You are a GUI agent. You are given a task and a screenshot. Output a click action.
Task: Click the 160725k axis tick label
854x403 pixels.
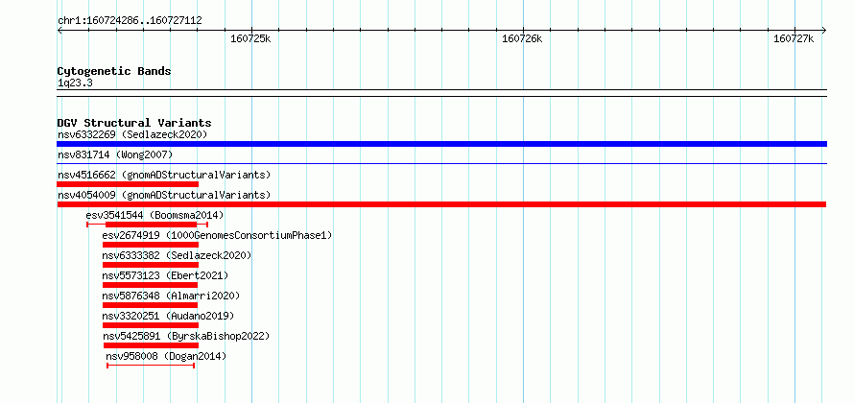(250, 39)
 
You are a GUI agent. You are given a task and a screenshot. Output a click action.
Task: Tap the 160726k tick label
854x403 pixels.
(522, 39)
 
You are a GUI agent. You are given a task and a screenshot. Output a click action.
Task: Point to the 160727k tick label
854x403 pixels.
(794, 39)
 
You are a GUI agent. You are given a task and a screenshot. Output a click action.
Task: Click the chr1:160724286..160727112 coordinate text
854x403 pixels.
(130, 21)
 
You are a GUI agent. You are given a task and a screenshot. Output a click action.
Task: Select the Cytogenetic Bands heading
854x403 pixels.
(114, 71)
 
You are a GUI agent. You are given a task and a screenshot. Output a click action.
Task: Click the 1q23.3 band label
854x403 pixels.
(75, 83)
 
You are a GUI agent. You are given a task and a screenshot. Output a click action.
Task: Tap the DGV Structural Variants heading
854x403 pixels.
(134, 123)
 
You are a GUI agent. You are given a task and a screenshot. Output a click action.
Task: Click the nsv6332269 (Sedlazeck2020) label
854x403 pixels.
(132, 134)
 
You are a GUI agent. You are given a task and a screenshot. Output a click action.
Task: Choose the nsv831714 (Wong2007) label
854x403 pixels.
(115, 155)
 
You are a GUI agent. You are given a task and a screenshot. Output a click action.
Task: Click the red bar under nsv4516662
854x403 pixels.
(128, 184)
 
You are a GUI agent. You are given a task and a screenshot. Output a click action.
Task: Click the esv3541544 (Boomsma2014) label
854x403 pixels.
(154, 215)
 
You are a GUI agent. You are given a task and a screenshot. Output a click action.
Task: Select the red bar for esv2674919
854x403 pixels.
(151, 245)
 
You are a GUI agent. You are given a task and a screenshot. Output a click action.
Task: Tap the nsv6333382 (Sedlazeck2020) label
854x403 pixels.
(177, 255)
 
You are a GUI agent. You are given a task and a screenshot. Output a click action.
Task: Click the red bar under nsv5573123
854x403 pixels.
(151, 285)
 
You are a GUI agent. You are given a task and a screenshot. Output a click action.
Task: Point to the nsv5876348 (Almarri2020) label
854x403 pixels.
(171, 296)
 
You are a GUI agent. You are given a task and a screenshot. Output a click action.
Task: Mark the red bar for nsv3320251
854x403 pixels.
(151, 325)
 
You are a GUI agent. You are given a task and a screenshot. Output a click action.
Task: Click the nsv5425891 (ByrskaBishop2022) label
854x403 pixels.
(186, 336)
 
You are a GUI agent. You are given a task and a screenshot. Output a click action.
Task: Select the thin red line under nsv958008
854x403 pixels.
(151, 366)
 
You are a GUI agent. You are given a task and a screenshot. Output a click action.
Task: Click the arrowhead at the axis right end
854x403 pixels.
(825, 30)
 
